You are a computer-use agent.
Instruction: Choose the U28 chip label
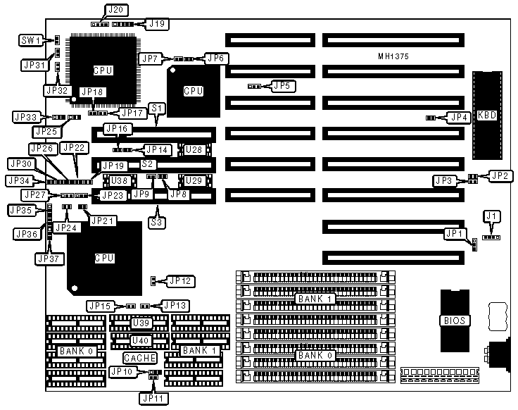click(195, 149)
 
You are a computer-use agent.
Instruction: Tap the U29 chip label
click(195, 180)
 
